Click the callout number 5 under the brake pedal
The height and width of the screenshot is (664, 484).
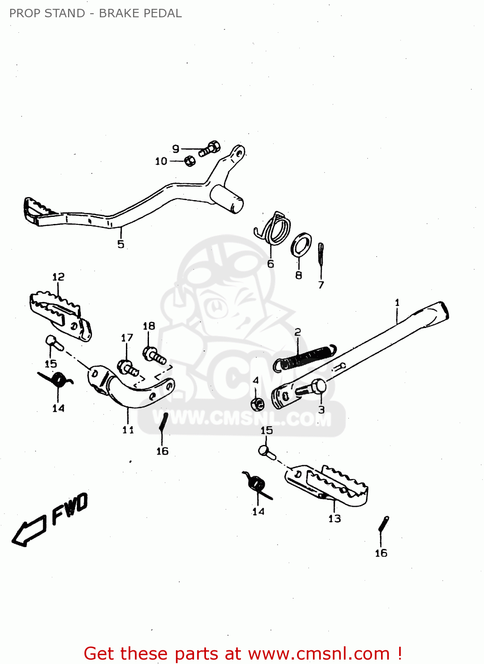(x=121, y=244)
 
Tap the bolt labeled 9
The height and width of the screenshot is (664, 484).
(x=210, y=149)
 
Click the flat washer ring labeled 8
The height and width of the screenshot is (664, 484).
(x=301, y=244)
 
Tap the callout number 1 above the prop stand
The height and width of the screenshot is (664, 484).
(x=397, y=303)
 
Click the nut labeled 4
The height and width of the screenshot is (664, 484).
(x=257, y=403)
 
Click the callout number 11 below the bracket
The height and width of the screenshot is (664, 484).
(x=128, y=429)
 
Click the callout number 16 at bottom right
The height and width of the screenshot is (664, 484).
(x=381, y=553)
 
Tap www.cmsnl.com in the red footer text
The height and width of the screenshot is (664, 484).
(x=318, y=654)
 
